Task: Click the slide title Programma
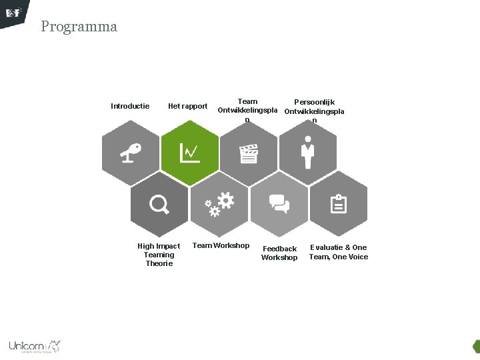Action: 79,27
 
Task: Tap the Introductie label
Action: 129,106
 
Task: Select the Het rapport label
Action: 187,106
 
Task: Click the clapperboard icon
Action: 249,154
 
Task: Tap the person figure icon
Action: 307,153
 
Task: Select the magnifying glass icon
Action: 159,204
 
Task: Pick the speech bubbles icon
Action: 279,203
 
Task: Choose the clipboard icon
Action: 339,203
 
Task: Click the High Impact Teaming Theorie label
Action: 159,255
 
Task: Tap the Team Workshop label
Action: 221,245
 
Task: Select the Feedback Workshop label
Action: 279,253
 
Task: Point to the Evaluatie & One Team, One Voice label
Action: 338,252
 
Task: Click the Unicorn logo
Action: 34,346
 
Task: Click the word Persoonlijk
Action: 314,102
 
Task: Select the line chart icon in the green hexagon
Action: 189,153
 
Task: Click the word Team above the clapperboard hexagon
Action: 247,102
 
